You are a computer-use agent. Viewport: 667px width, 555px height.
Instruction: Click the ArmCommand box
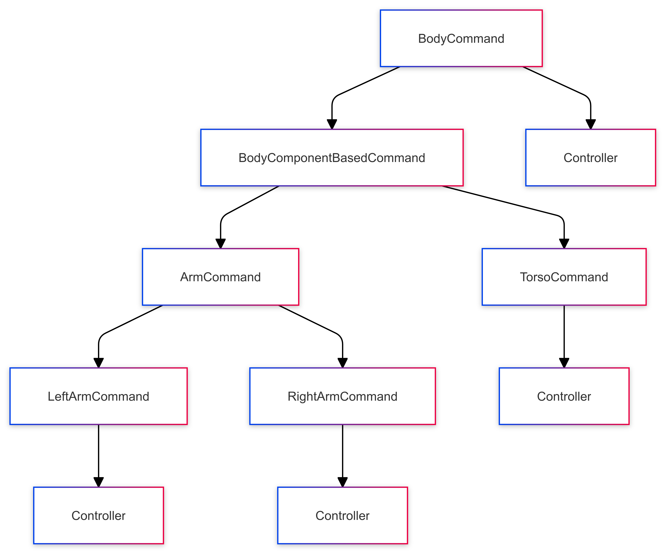[220, 277]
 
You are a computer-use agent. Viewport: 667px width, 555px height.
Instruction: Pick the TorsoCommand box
[564, 277]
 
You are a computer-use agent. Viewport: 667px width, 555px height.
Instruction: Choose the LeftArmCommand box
[98, 396]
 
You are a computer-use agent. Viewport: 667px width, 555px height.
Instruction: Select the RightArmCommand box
[342, 396]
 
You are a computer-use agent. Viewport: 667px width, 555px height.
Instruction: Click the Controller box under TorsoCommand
[564, 396]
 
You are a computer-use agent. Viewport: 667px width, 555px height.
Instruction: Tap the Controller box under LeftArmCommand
[98, 516]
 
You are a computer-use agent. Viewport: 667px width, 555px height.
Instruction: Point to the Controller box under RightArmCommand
[342, 516]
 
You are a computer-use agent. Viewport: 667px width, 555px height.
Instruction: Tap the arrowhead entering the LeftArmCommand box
[98, 363]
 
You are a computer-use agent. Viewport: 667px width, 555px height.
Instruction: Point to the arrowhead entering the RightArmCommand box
[342, 363]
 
